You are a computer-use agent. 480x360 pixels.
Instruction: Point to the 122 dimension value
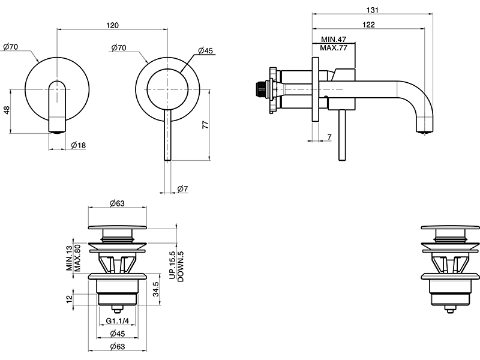pos(369,25)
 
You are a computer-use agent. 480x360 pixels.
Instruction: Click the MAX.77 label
pos(334,48)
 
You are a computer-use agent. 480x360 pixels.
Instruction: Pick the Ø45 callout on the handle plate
pos(205,51)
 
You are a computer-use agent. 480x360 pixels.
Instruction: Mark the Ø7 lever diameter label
pos(183,190)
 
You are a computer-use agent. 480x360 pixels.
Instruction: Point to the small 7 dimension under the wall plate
pos(329,137)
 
